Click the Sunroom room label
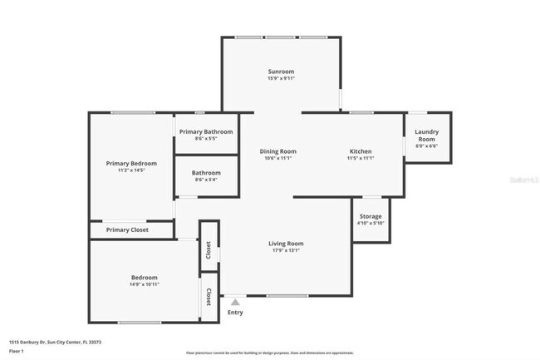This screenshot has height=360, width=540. [281, 72]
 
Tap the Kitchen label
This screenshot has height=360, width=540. [361, 151]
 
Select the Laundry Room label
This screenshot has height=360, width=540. [427, 135]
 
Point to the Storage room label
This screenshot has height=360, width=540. [371, 216]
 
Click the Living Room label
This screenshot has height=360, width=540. [285, 243]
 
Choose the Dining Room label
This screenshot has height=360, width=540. [277, 151]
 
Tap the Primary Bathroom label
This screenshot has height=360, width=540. [206, 131]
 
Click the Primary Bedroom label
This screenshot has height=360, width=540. [131, 163]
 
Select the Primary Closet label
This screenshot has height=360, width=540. [127, 229]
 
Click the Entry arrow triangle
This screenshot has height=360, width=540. [236, 303]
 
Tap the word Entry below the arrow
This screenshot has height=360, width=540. [236, 313]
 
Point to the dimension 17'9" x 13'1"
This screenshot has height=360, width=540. [285, 250]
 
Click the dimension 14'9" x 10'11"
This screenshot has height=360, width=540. [144, 284]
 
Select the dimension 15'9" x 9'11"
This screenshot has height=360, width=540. [281, 79]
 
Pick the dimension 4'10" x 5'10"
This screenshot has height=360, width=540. [371, 223]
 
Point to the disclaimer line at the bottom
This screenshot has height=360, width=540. [269, 353]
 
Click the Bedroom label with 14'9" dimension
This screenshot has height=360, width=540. [144, 277]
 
